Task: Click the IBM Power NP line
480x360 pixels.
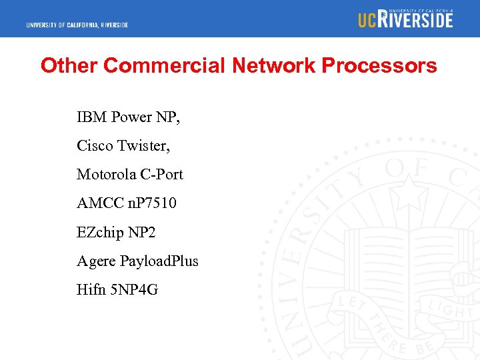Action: click(128, 117)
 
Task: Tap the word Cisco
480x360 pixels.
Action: click(94, 145)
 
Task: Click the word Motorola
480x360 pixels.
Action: click(106, 175)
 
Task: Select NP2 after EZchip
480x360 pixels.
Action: click(140, 233)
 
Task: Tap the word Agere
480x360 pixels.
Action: click(96, 261)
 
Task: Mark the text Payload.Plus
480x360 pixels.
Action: click(159, 261)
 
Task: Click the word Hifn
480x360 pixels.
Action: click(89, 290)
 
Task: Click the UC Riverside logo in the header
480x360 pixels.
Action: click(405, 19)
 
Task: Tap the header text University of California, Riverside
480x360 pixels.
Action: click(77, 25)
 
